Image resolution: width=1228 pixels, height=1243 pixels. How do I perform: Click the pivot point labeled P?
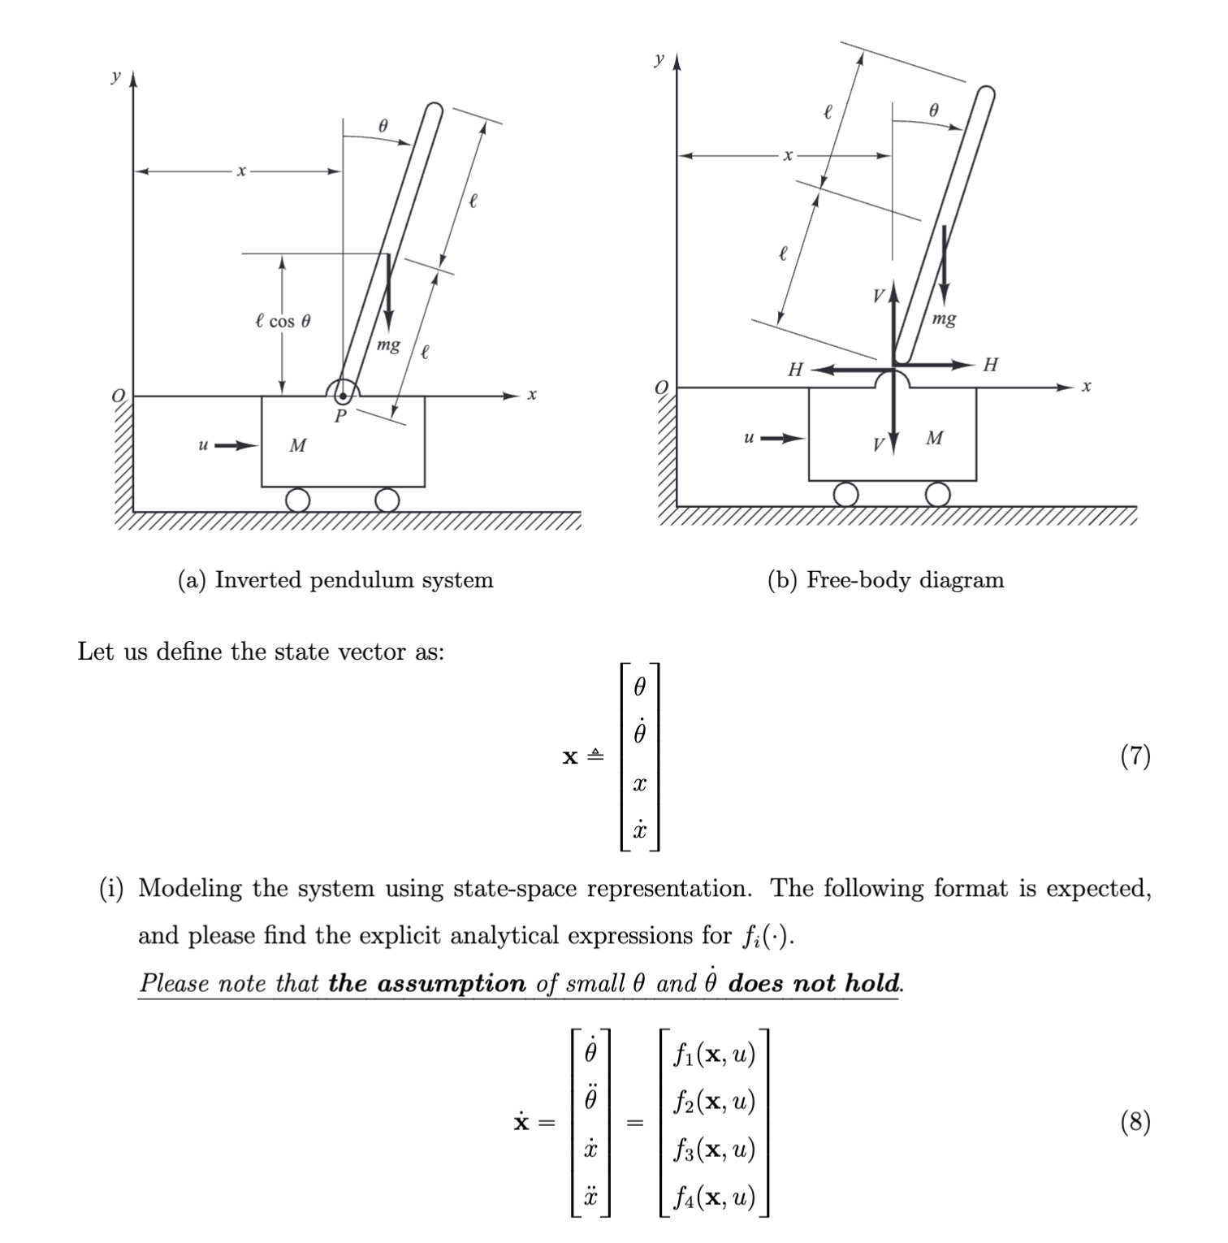pyautogui.click(x=343, y=396)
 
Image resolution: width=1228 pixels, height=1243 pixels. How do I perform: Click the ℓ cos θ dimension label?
pyautogui.click(x=282, y=321)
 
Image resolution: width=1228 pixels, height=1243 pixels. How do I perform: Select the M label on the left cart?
pyautogui.click(x=298, y=445)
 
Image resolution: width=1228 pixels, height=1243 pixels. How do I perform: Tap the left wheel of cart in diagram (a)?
pyautogui.click(x=298, y=500)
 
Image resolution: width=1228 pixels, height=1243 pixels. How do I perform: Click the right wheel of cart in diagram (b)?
pyautogui.click(x=937, y=494)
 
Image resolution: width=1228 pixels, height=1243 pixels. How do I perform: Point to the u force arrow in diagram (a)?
pyautogui.click(x=229, y=445)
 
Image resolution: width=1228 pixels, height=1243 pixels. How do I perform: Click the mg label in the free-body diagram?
pyautogui.click(x=944, y=318)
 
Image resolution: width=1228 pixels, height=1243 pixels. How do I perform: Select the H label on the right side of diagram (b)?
pyautogui.click(x=990, y=365)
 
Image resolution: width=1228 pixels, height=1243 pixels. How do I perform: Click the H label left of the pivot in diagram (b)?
pyautogui.click(x=795, y=370)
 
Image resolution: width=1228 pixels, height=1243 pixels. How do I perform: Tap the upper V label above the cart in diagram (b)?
pyautogui.click(x=877, y=296)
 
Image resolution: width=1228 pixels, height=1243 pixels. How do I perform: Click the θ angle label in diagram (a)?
pyautogui.click(x=383, y=125)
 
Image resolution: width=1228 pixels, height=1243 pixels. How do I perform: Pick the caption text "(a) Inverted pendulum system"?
pyautogui.click(x=335, y=580)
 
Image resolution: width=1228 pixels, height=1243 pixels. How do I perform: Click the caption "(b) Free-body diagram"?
pyautogui.click(x=885, y=580)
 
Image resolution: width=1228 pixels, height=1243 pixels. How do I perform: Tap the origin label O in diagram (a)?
pyautogui.click(x=119, y=396)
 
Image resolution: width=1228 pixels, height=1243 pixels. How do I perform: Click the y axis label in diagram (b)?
pyautogui.click(x=659, y=59)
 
